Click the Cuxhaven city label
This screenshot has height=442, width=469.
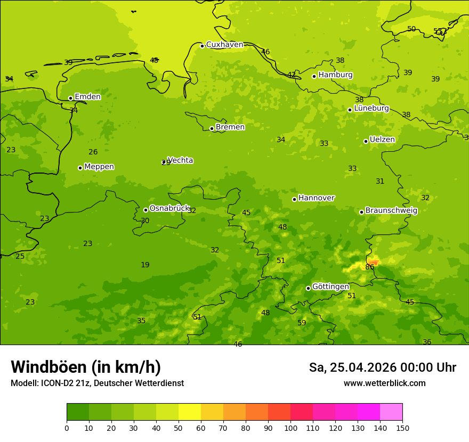[224, 45]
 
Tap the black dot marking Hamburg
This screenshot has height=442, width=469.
[314, 76]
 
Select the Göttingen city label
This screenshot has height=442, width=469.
[330, 287]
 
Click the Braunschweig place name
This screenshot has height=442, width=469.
[391, 210]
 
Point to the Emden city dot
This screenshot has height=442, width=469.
[70, 98]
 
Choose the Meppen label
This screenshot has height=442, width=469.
[99, 167]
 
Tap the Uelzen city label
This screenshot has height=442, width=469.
[382, 140]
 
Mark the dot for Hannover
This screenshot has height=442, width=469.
[294, 199]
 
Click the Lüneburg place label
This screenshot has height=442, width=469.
[371, 108]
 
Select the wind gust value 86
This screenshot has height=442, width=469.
[369, 267]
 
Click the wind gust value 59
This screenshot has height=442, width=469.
[302, 323]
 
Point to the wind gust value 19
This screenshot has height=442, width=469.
[145, 265]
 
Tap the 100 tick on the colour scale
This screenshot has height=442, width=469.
[290, 428]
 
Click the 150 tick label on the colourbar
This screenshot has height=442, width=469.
[402, 428]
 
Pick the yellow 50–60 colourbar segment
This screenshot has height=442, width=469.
[190, 412]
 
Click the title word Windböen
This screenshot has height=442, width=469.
[48, 367]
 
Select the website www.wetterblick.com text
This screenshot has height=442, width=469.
[384, 383]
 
